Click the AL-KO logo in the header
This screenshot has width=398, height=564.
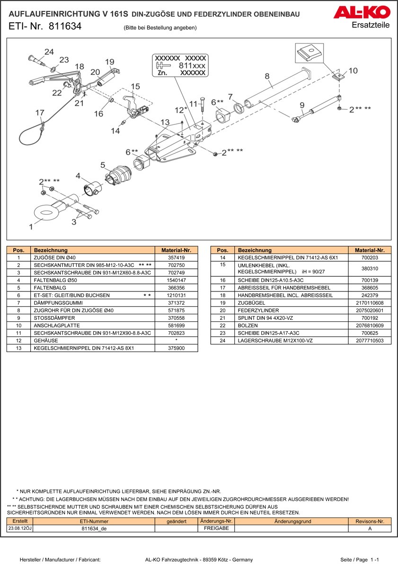point(362,12)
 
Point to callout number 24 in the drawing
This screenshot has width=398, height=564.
point(49,52)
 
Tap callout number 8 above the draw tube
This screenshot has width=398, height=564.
point(267,76)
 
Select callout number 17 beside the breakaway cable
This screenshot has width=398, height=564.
point(40,113)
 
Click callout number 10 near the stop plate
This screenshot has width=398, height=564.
point(353,71)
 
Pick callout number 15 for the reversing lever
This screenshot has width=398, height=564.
point(135,87)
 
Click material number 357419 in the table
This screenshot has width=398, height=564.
point(176,257)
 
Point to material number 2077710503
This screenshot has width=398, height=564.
point(370,341)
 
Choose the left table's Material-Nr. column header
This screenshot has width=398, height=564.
point(176,250)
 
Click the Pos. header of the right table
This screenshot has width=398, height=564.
point(222,250)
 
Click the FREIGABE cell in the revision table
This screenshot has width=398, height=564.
point(216,529)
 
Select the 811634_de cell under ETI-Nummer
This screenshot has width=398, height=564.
point(94,529)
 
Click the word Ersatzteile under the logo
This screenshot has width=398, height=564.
point(371,25)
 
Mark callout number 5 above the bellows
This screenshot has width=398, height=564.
point(103,165)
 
